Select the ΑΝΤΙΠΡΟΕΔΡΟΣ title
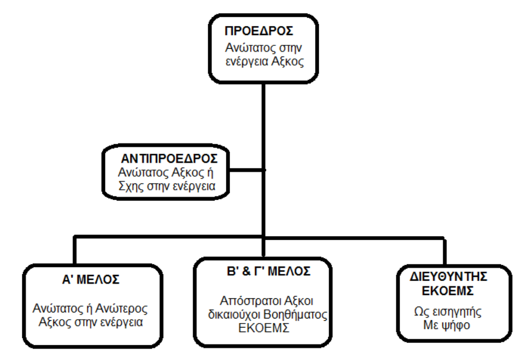pos(168,160)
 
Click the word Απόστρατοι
pos(243,301)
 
